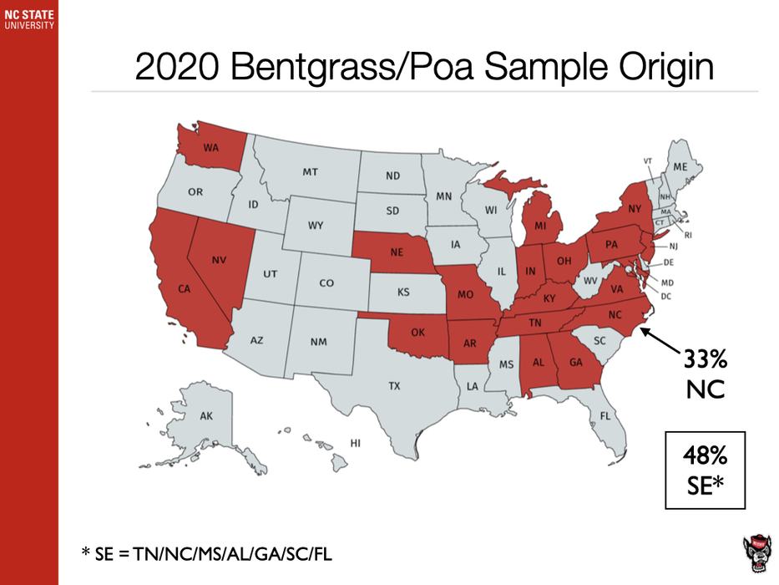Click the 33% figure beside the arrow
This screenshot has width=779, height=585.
[706, 360]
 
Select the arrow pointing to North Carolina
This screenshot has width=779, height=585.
[663, 343]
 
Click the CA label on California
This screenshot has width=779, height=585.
[185, 289]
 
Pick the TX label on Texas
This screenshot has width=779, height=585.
[393, 386]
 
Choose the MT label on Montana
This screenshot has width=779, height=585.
[310, 172]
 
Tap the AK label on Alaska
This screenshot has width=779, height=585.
[205, 415]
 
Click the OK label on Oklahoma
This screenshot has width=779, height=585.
[417, 332]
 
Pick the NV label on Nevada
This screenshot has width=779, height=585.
[219, 260]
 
